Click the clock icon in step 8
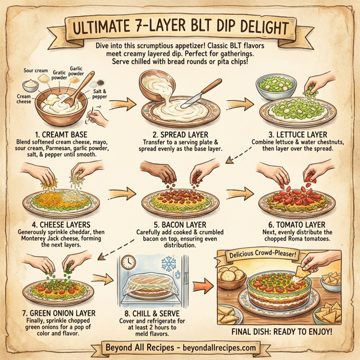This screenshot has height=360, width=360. [128, 262]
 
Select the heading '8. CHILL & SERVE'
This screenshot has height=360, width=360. [161, 313]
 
